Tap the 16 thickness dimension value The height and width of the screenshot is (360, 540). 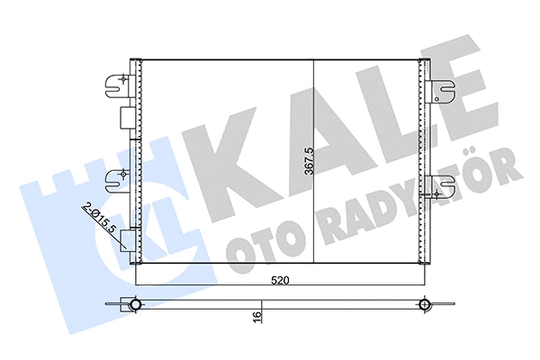[258, 317]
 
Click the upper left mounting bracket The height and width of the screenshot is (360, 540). [116, 84]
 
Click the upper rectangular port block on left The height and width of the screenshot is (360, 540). [126, 118]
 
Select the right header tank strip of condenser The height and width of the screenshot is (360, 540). [421, 162]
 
